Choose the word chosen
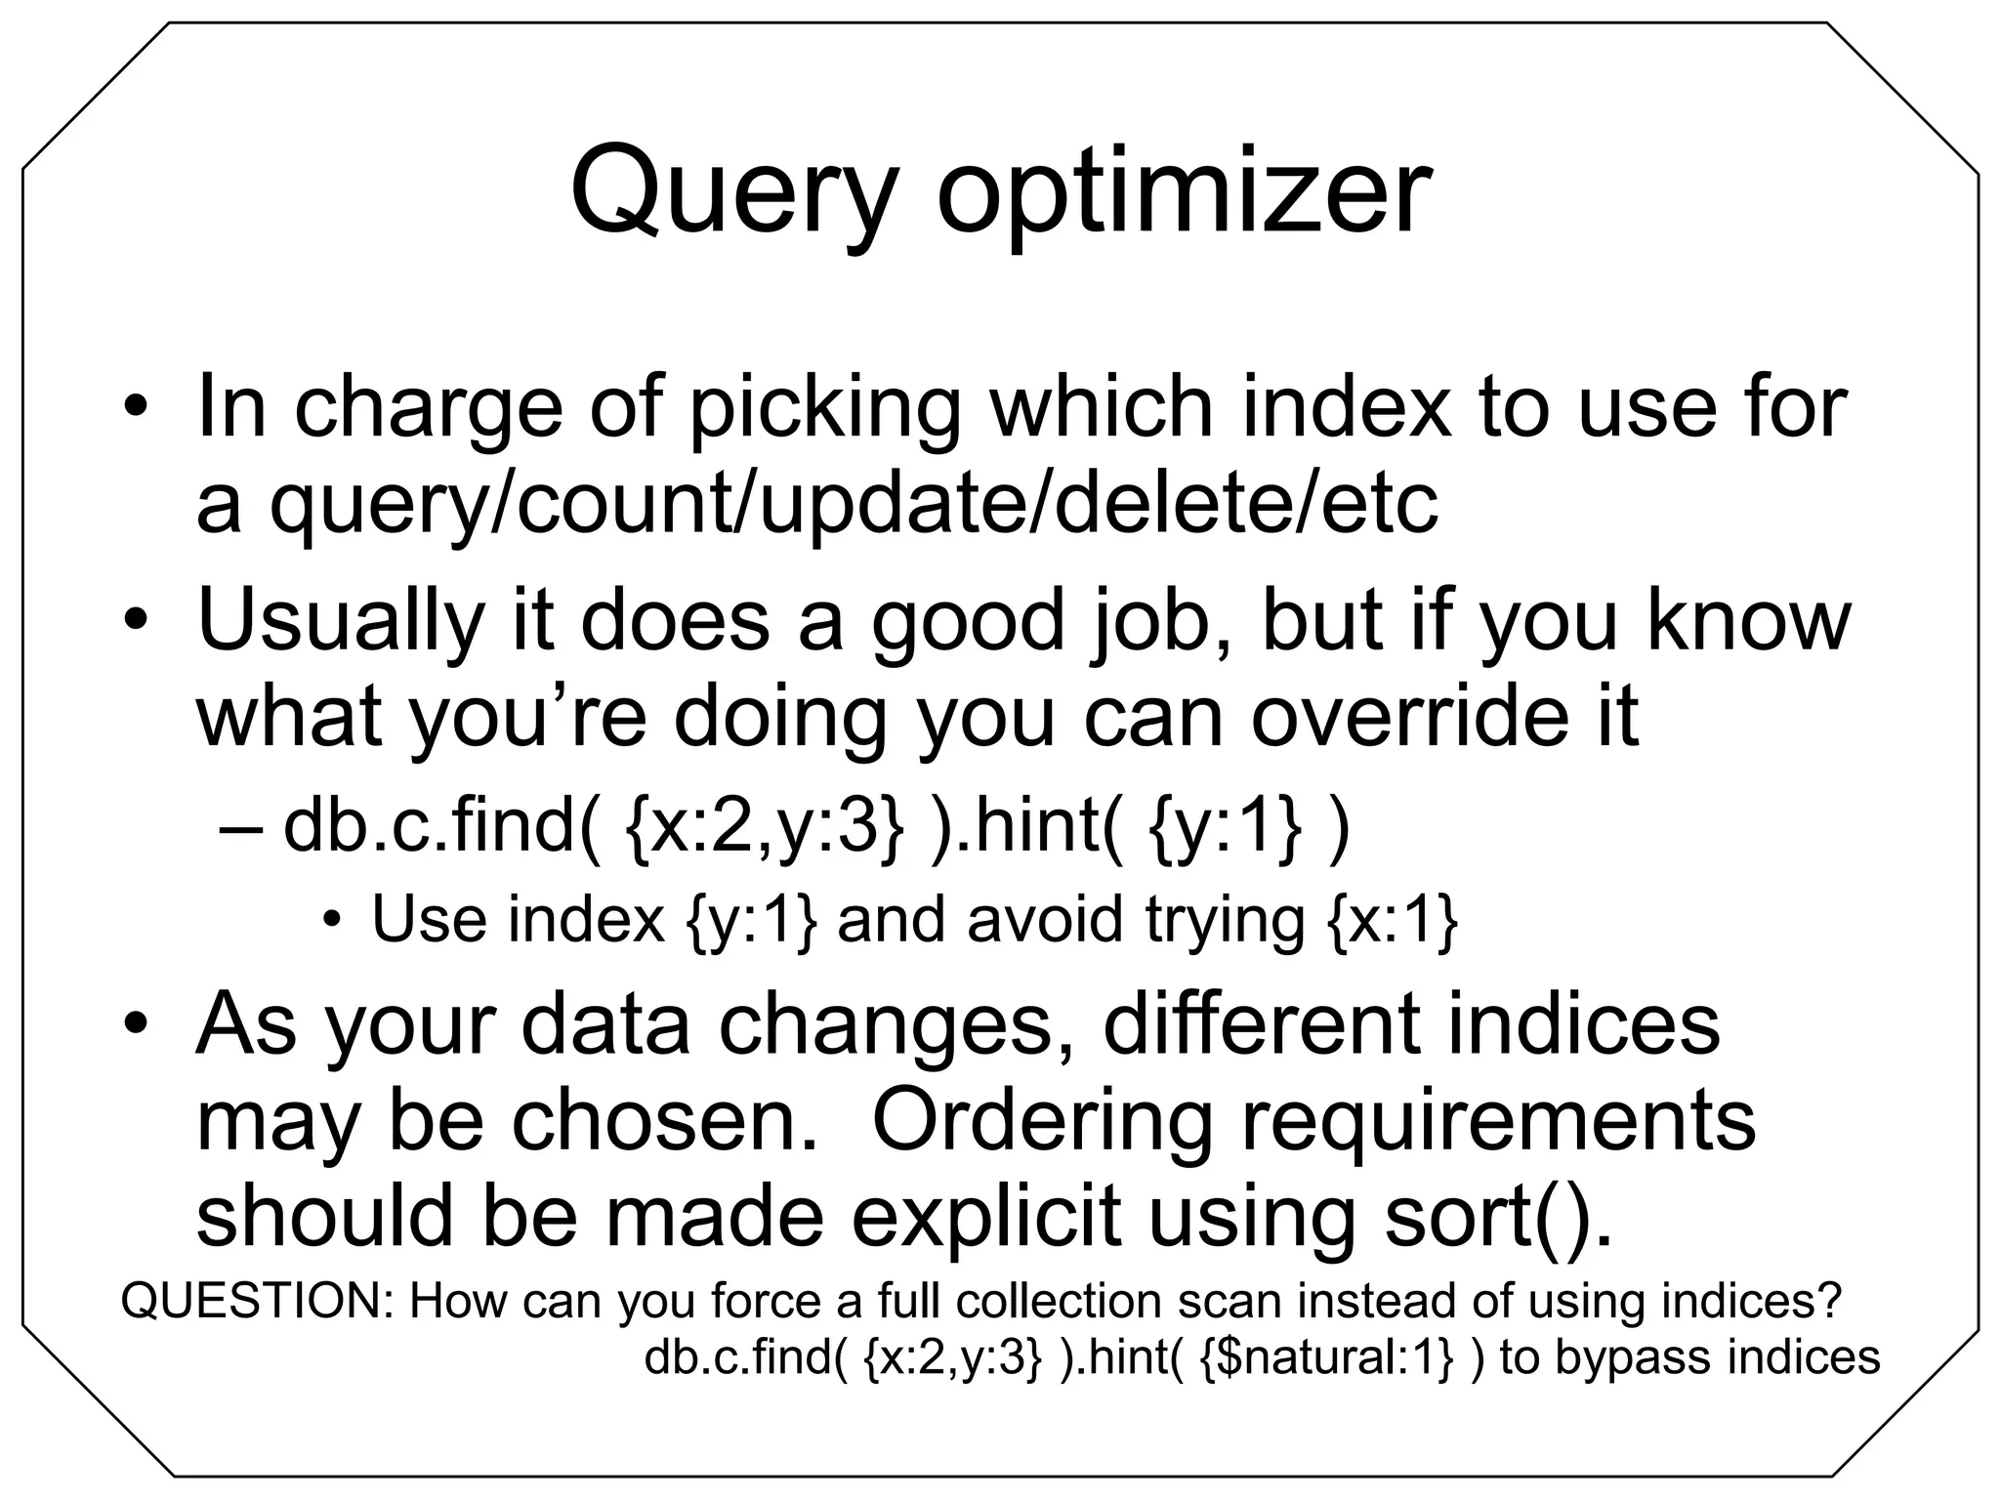click(x=665, y=1120)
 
